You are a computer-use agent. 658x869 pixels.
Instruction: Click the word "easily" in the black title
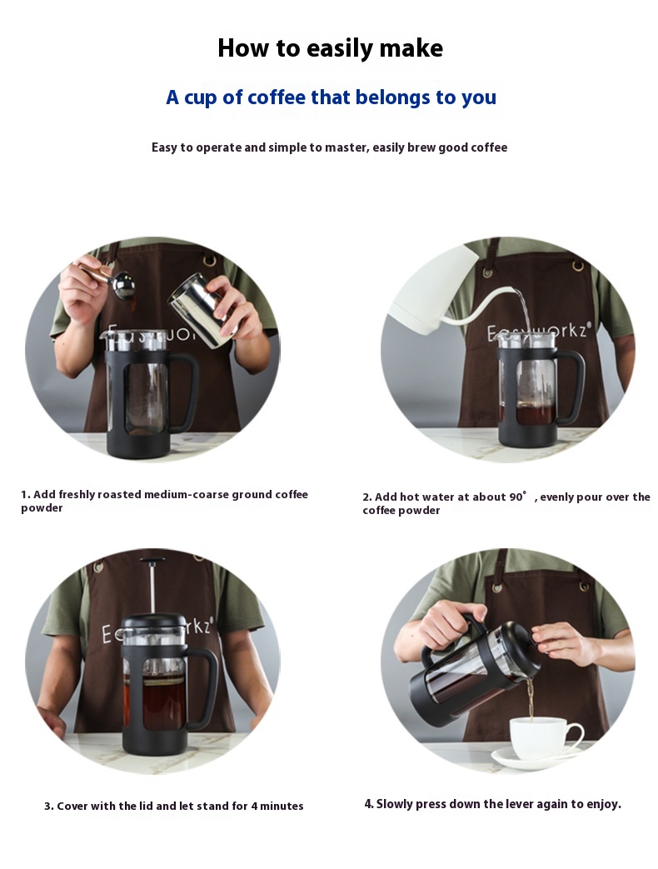(x=340, y=49)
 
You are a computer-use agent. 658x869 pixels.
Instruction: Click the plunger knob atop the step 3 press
(x=152, y=561)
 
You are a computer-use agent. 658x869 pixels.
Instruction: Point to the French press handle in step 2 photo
(x=573, y=388)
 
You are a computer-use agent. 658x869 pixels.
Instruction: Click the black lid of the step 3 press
(x=152, y=623)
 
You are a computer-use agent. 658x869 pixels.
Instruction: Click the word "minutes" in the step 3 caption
(x=282, y=806)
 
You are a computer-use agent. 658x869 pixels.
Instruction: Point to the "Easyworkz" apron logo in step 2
(x=535, y=332)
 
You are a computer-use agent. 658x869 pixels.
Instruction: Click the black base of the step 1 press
(x=138, y=443)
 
